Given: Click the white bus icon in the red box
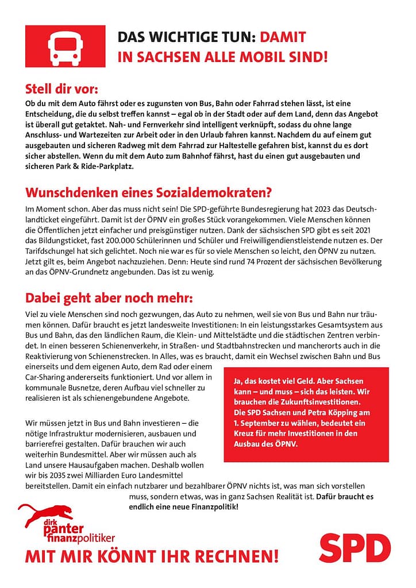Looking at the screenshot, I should [66, 47].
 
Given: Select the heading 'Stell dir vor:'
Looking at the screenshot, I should [61, 90].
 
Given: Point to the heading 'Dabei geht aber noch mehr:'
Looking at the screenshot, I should [110, 299].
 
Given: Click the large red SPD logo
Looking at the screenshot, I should [355, 548].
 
